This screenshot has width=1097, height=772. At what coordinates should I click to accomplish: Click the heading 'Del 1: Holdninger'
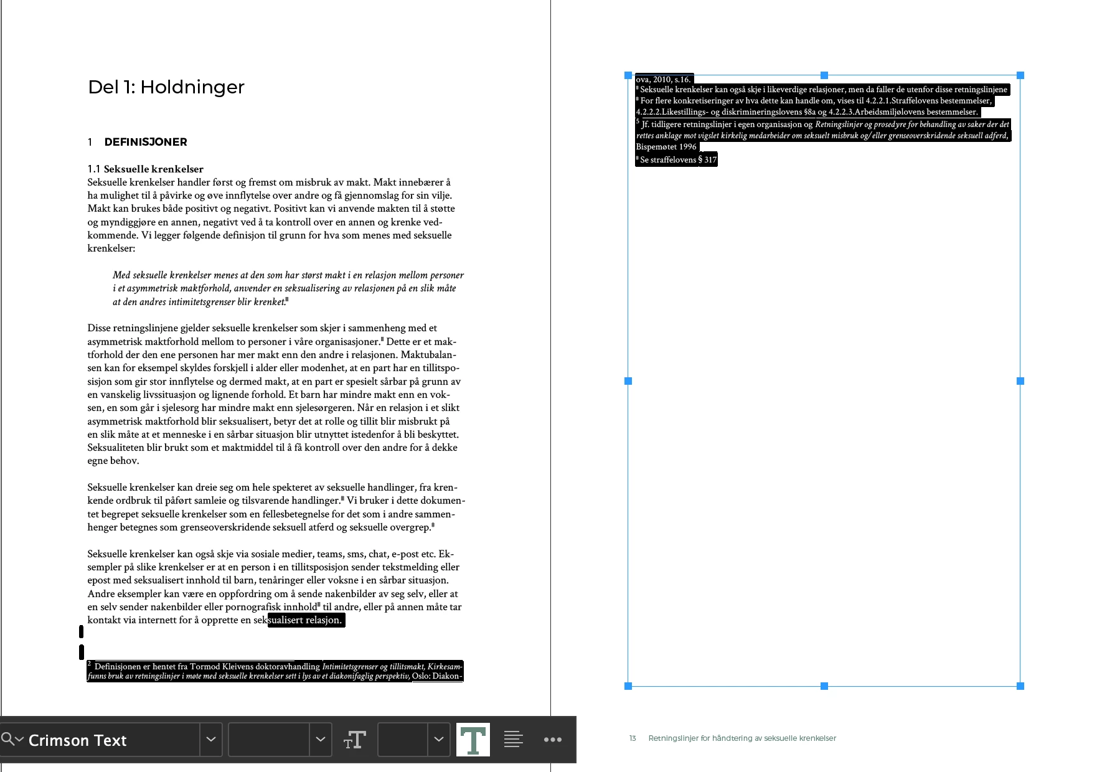(166, 87)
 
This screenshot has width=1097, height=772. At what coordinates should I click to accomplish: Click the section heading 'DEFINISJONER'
(146, 142)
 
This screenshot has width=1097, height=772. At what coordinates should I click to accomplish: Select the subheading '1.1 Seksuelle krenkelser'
(146, 169)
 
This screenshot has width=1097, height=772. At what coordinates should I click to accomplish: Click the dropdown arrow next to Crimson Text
(211, 740)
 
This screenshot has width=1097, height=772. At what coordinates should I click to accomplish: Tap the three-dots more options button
(552, 740)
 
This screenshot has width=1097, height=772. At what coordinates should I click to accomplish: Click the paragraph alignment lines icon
(513, 740)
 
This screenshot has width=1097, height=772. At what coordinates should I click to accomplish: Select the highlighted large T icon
(473, 740)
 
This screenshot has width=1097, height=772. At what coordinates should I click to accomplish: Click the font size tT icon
(354, 740)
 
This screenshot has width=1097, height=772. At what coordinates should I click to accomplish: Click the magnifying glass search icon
(8, 739)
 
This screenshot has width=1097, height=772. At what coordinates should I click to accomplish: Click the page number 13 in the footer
(633, 738)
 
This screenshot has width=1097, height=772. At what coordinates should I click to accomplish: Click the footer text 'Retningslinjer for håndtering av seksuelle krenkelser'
(742, 738)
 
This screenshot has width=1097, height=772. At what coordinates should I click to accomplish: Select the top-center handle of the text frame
(824, 75)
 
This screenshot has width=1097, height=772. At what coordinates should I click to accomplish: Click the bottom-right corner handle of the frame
(1020, 686)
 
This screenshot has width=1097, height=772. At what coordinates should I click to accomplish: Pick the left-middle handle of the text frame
(628, 381)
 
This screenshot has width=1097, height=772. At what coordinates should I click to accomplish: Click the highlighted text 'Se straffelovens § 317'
(678, 160)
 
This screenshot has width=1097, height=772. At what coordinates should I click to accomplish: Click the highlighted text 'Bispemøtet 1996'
(666, 147)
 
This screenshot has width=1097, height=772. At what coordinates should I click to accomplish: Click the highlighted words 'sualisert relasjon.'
(305, 620)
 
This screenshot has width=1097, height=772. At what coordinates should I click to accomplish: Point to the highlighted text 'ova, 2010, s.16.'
(663, 79)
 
